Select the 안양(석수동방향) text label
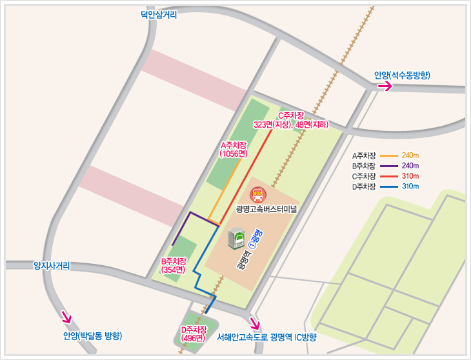[x=402, y=75]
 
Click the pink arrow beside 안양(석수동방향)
[x=385, y=86]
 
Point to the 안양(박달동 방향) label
[x=92, y=335]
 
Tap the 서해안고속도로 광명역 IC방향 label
[x=267, y=337]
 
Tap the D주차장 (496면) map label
[x=194, y=334]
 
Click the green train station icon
[x=237, y=239]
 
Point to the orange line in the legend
[x=389, y=155]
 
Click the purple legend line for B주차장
[x=389, y=166]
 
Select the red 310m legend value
[x=410, y=176]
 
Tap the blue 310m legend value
[x=410, y=186]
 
